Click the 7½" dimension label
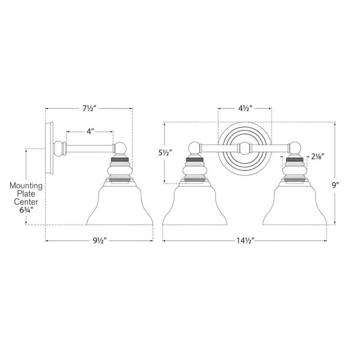click(89, 109)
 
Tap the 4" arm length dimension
click(90, 132)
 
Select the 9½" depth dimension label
click(100, 241)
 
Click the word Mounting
click(26, 186)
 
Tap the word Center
click(26, 202)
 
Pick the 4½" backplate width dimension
click(245, 109)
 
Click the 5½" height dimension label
click(165, 153)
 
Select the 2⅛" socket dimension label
click(317, 156)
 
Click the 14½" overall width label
click(245, 241)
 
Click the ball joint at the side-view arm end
click(120, 148)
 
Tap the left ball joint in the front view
click(195, 148)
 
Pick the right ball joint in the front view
click(295, 148)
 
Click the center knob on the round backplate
click(245, 148)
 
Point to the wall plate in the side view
click(49, 147)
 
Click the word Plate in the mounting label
click(26, 193)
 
